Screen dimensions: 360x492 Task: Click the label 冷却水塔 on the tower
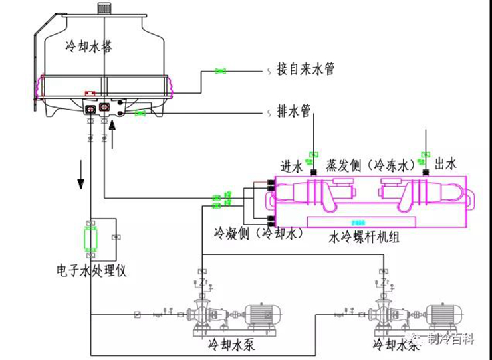click(x=88, y=46)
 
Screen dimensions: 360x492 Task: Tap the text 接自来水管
click(x=305, y=70)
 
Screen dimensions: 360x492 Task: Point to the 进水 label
click(x=292, y=164)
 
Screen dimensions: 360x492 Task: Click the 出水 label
click(x=445, y=163)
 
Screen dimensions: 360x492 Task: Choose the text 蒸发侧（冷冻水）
click(x=370, y=164)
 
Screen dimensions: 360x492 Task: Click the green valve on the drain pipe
click(x=140, y=114)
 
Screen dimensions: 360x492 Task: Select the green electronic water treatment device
click(x=89, y=238)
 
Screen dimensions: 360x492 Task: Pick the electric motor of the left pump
click(x=263, y=315)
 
